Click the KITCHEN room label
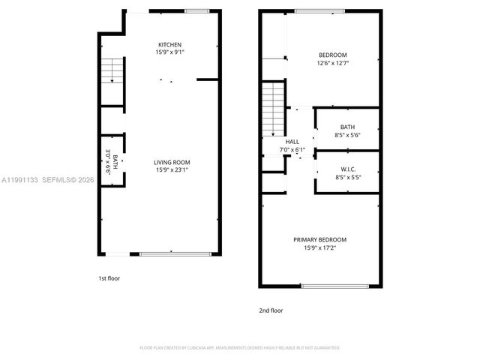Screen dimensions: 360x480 (x=169, y=45)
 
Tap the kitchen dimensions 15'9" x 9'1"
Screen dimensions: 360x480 (x=169, y=52)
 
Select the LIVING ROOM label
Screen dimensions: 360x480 (x=172, y=163)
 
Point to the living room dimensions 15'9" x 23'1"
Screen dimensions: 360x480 (x=172, y=170)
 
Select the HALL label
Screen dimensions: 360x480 (x=292, y=142)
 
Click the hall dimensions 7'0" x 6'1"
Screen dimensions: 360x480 (x=292, y=149)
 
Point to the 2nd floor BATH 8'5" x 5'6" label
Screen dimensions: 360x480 (x=346, y=130)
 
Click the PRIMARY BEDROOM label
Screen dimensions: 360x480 (x=319, y=240)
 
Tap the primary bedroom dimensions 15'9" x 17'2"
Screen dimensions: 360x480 (x=319, y=247)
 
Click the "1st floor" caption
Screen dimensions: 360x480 (x=109, y=279)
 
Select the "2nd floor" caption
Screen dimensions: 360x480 (x=271, y=310)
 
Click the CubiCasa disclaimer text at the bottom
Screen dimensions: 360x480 (x=240, y=348)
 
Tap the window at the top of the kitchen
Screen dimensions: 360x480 (x=197, y=10)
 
